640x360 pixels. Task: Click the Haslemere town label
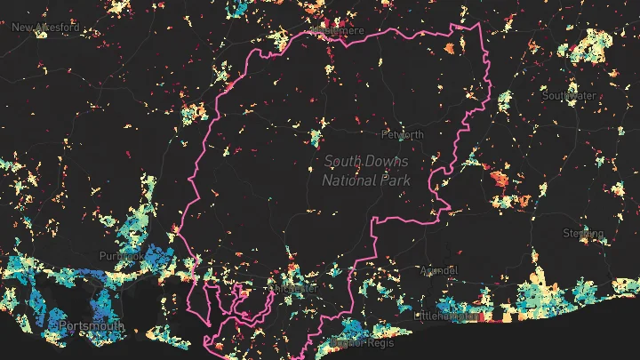335,31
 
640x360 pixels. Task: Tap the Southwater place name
569,95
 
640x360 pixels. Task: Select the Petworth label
402,135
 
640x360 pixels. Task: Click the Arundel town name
438,269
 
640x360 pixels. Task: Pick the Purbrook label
121,256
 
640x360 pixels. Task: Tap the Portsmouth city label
92,326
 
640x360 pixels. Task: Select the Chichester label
296,289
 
